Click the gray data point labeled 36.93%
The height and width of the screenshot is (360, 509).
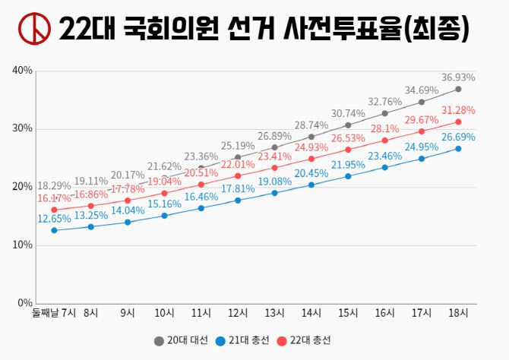(458, 89)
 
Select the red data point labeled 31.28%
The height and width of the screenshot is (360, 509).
(458, 122)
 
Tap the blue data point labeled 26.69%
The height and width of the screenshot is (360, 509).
(458, 148)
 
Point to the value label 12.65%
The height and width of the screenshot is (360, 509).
(55, 219)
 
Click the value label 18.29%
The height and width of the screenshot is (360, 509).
(55, 185)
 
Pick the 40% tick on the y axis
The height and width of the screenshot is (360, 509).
(22, 71)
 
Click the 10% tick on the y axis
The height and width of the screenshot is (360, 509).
(22, 245)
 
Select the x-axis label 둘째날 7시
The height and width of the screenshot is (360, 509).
(54, 313)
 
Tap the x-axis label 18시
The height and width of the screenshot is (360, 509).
(458, 313)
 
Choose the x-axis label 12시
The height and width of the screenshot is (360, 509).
(238, 313)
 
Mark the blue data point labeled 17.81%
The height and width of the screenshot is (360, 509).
(238, 201)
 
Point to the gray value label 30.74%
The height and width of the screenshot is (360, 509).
(348, 113)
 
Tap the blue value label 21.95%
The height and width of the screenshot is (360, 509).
(348, 165)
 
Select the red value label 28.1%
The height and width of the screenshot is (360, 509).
(384, 129)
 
